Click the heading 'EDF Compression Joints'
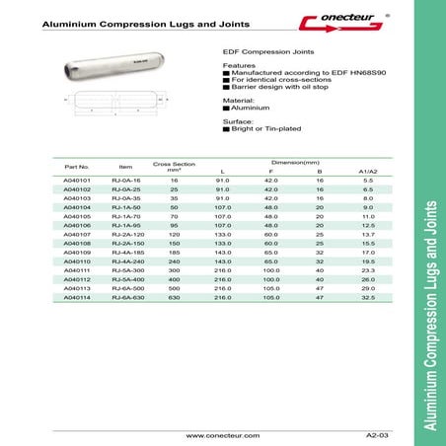click(x=260, y=57)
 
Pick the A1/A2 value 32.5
click(x=367, y=324)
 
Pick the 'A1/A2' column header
click(x=367, y=171)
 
